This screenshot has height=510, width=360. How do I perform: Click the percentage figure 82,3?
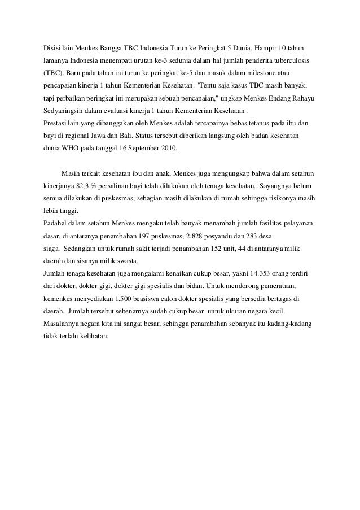click(x=78, y=185)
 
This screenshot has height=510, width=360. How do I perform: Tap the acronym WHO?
click(x=73, y=149)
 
